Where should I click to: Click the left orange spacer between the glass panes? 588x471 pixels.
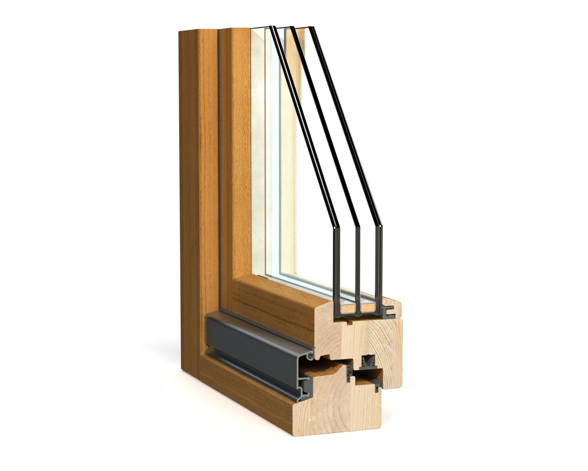347,308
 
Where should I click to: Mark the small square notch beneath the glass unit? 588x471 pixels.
349,324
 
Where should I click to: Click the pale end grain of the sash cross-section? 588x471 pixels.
376,338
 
